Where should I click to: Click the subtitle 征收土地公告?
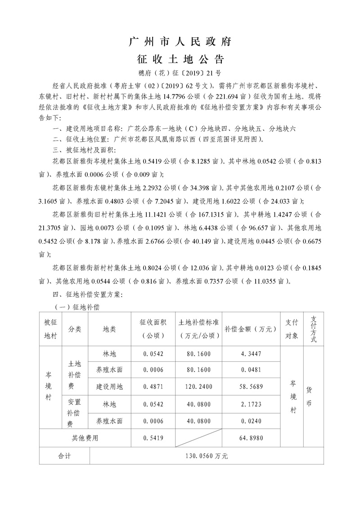pyautogui.click(x=180, y=59)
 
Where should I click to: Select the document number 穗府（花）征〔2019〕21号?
pyautogui.click(x=180, y=72)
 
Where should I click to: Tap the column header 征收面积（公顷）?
pyautogui.click(x=153, y=329)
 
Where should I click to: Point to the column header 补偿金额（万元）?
pyautogui.click(x=251, y=329)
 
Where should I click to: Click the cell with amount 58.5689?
pyautogui.click(x=251, y=386)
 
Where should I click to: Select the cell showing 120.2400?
pyautogui.click(x=198, y=386)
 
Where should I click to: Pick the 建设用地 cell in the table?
pyautogui.click(x=109, y=386)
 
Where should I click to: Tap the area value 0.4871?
pyautogui.click(x=153, y=386)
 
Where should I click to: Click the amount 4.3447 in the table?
pyautogui.click(x=251, y=354)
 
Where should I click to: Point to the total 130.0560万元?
pyautogui.click(x=207, y=455)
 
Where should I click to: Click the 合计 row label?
pyautogui.click(x=65, y=455)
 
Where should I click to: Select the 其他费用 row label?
pyautogui.click(x=85, y=437)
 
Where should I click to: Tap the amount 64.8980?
pyautogui.click(x=251, y=437)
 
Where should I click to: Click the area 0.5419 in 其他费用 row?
pyautogui.click(x=153, y=437)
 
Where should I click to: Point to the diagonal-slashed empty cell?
pyautogui.click(x=198, y=437)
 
